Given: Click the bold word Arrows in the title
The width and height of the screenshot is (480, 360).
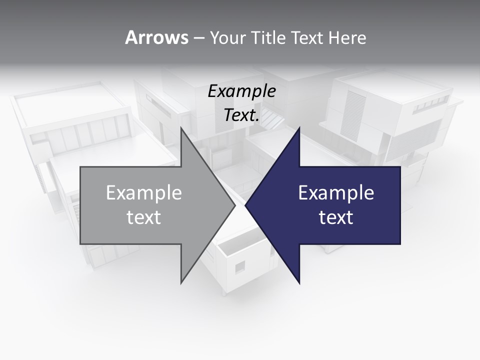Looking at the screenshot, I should tap(156, 37).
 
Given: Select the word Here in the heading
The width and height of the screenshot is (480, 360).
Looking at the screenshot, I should tap(347, 37).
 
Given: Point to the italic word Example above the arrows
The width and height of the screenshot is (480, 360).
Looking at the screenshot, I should tap(241, 91).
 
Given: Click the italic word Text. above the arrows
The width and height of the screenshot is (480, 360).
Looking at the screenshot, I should tap(241, 115).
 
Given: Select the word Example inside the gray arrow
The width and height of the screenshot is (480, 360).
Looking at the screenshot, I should tap(144, 193).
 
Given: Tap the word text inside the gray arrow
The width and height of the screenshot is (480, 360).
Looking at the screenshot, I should tap(144, 217).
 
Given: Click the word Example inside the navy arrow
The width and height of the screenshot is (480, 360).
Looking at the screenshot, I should tap(336, 193).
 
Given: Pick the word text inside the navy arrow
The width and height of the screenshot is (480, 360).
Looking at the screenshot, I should tap(336, 217).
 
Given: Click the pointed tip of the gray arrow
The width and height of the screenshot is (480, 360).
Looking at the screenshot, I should tap(235, 205).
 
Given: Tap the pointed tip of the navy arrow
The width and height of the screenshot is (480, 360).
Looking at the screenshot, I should tap(245, 205).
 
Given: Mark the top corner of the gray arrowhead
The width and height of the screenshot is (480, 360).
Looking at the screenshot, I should tap(181, 127).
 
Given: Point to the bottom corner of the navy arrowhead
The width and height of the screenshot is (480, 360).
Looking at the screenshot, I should tap(299, 283).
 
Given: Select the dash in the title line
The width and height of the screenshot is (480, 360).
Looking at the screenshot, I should tap(198, 38).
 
